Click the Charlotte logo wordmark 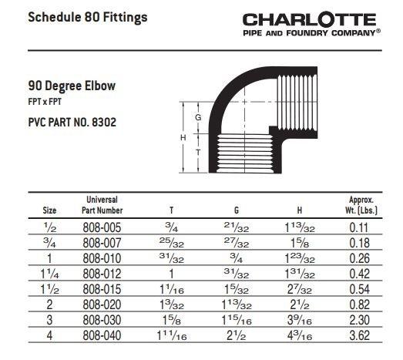pyautogui.click(x=310, y=20)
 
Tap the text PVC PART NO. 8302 pyautogui.click(x=72, y=123)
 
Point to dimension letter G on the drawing pyautogui.click(x=198, y=118)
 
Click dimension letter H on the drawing pyautogui.click(x=184, y=136)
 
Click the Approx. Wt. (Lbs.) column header pyautogui.click(x=361, y=204)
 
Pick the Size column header pyautogui.click(x=49, y=210)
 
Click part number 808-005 pyautogui.click(x=102, y=227)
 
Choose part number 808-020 pyautogui.click(x=102, y=304)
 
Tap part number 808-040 pyautogui.click(x=102, y=335)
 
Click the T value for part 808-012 pyautogui.click(x=171, y=274)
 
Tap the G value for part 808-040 pyautogui.click(x=236, y=335)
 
